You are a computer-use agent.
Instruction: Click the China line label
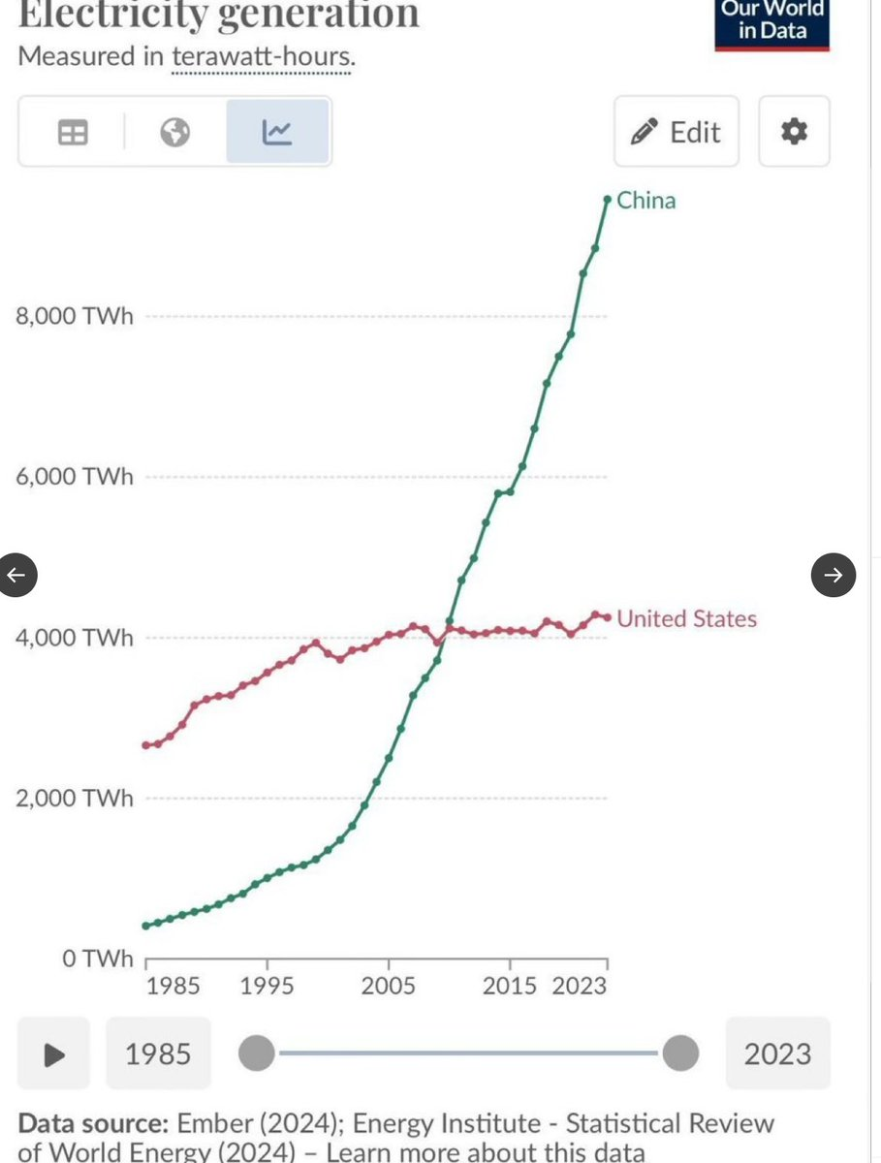click(x=646, y=201)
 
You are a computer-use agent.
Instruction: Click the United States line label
click(x=686, y=618)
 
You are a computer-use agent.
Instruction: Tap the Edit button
click(x=676, y=132)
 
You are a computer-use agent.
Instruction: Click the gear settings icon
click(x=794, y=132)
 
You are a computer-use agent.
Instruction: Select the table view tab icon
click(x=73, y=133)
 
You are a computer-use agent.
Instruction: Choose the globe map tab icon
click(x=175, y=133)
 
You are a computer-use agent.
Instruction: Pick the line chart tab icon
click(x=277, y=133)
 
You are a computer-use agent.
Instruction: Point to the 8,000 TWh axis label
click(x=75, y=316)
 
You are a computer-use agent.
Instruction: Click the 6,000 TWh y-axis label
click(x=75, y=477)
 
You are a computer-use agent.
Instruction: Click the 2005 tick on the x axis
click(x=388, y=986)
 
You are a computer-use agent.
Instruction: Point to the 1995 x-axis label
click(x=267, y=986)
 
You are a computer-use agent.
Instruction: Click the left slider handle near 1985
click(x=257, y=1053)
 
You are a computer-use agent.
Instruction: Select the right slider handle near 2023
click(x=680, y=1053)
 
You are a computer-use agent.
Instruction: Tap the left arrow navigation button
click(x=16, y=575)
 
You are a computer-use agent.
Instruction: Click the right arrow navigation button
click(x=833, y=575)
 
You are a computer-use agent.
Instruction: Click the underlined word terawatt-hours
click(x=263, y=56)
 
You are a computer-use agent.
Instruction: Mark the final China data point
click(x=608, y=200)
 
